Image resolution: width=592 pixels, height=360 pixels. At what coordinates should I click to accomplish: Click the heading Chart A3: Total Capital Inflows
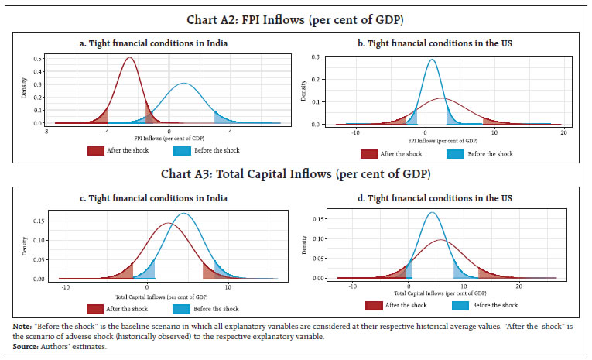coord(296,173)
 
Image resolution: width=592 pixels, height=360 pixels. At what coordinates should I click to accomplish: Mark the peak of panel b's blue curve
coord(432,60)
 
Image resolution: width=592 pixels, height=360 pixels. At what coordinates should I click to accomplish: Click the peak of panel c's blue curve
coord(183,214)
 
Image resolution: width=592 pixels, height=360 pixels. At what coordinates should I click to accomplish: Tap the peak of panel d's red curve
coord(440,240)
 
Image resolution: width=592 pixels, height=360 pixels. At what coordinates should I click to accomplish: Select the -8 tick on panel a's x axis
coord(46,132)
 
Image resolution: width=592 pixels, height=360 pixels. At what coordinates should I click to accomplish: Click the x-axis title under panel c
coord(166,295)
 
